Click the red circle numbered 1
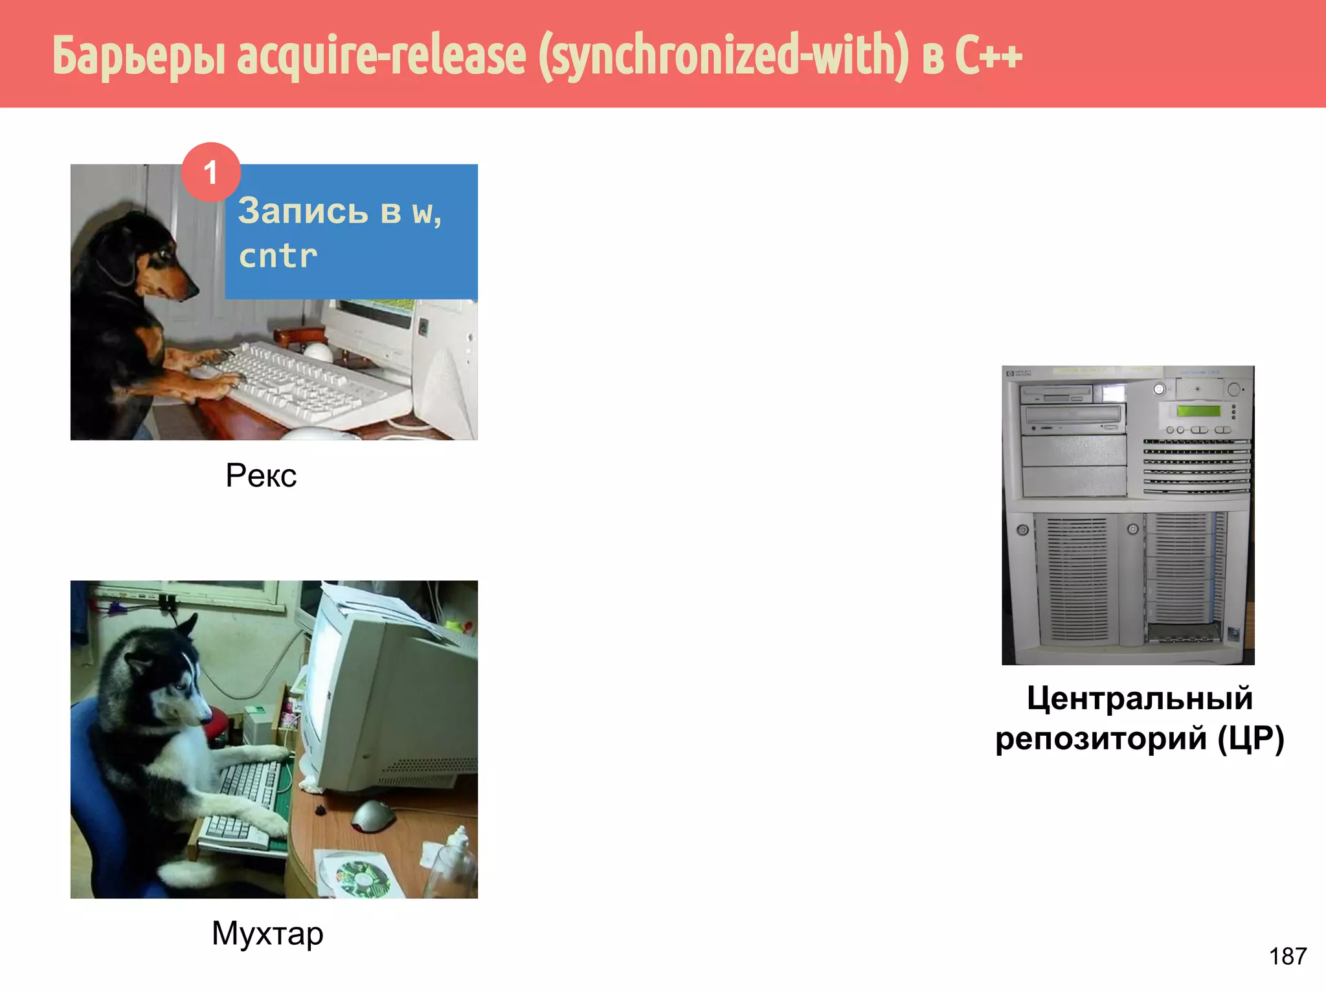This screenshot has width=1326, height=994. pyautogui.click(x=211, y=172)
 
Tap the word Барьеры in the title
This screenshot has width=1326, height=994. pyautogui.click(x=139, y=57)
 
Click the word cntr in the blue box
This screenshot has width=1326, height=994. pyautogui.click(x=278, y=256)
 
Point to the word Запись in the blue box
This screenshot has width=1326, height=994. pyautogui.click(x=303, y=211)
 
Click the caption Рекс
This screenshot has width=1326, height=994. pyautogui.click(x=261, y=476)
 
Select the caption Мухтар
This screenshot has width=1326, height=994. pyautogui.click(x=267, y=933)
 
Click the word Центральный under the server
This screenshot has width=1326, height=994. pyautogui.click(x=1140, y=699)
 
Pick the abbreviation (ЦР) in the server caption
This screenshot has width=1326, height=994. pyautogui.click(x=1251, y=738)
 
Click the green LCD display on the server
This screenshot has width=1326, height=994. pyautogui.click(x=1198, y=411)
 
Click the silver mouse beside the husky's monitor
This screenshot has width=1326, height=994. pyautogui.click(x=373, y=815)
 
